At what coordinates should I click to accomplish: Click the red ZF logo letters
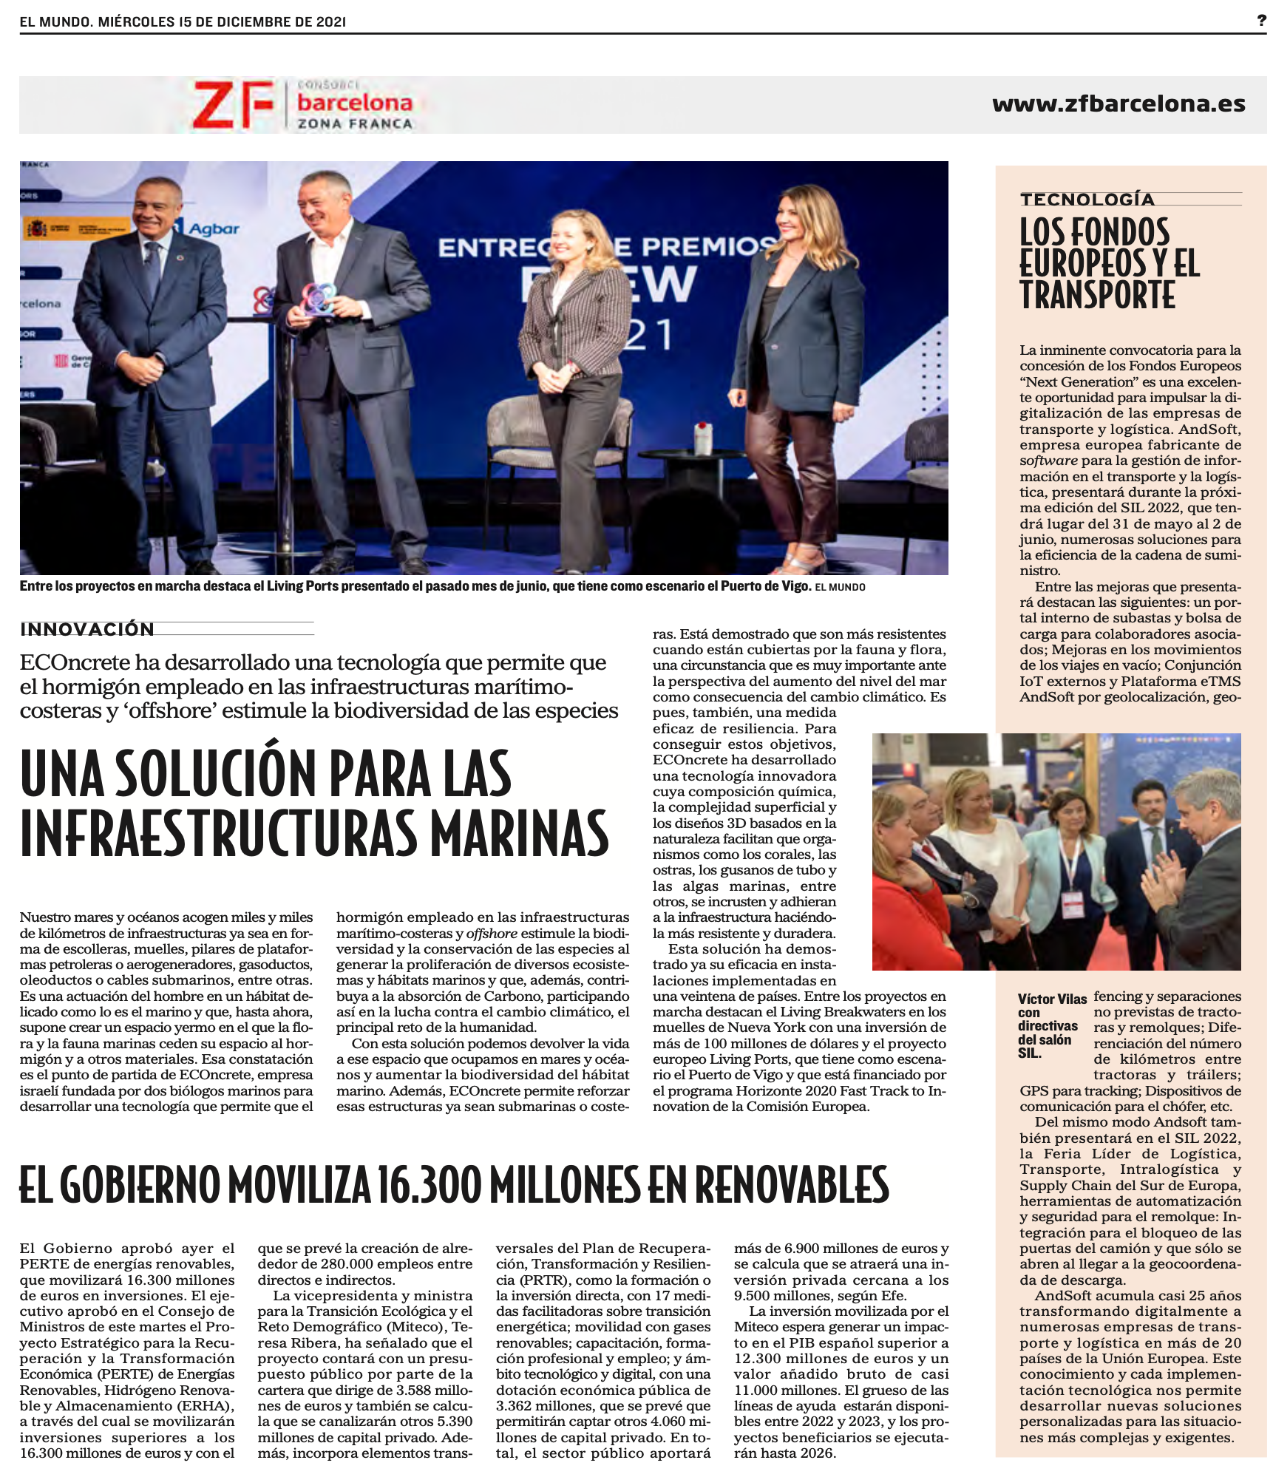point(232,104)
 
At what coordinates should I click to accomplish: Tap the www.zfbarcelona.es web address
point(1118,103)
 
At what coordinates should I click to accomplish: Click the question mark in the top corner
point(1261,21)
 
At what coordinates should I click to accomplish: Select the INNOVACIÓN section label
point(87,629)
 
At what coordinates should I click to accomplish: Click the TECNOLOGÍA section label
point(1087,199)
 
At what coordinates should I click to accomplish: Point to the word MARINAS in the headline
point(520,833)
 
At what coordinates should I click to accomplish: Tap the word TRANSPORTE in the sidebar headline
point(1097,295)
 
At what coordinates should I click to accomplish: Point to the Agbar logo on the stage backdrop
point(213,228)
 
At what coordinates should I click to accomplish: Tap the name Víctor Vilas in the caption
point(1052,999)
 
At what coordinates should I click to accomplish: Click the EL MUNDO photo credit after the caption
point(840,587)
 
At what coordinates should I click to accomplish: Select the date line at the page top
point(183,21)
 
